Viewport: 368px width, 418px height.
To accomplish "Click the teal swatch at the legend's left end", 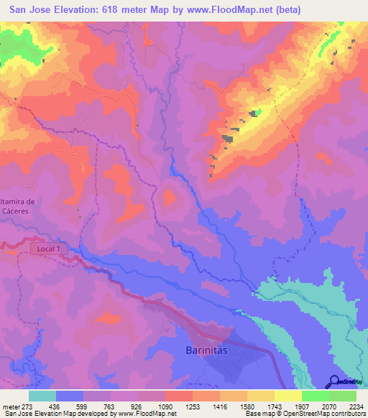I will [42, 396].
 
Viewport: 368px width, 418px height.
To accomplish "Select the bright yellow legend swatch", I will [288, 396].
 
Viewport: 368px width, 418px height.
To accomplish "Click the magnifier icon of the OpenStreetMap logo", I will [333, 381].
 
